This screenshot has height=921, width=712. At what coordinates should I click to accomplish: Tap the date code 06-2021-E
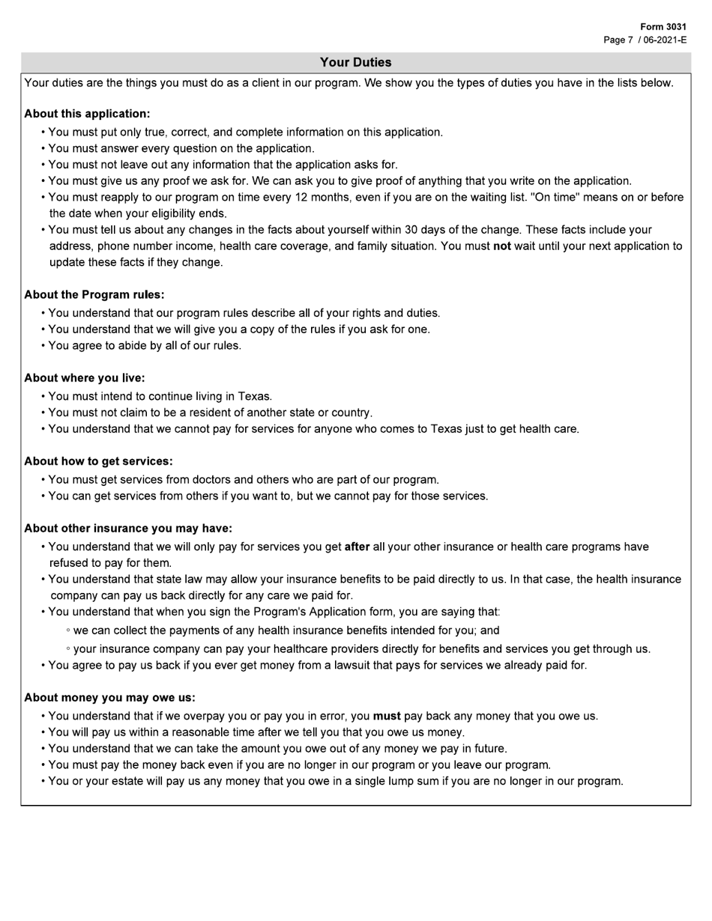coord(665,40)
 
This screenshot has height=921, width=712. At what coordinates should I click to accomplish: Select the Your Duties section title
coord(355,62)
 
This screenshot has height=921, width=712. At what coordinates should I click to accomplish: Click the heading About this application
coord(87,114)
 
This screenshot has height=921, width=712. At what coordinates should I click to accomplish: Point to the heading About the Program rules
coord(94,295)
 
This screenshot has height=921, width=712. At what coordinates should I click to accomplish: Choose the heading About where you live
coord(84,378)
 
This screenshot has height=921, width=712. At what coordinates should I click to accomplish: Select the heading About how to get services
coord(98,461)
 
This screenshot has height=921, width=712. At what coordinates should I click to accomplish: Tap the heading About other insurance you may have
coord(127,529)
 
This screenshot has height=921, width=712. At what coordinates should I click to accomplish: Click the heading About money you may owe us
coord(109,698)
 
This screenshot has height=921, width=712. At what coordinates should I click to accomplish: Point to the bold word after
coord(357,547)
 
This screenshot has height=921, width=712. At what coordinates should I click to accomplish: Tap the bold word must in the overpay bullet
coord(387,717)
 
